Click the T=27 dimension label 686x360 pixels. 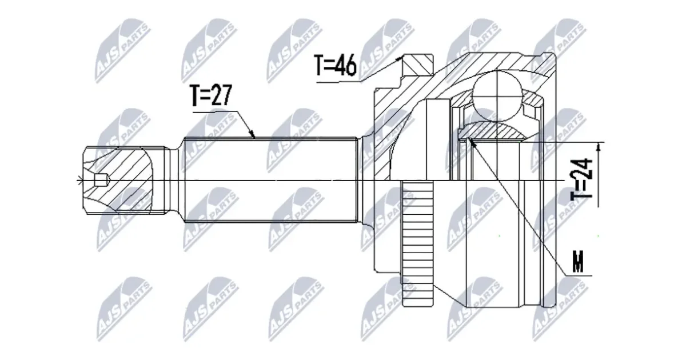211,95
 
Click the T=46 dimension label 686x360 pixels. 336,65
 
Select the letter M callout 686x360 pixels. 577,262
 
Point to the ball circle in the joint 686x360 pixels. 497,95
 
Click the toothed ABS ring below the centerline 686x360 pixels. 418,243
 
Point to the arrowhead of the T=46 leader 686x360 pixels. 399,58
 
